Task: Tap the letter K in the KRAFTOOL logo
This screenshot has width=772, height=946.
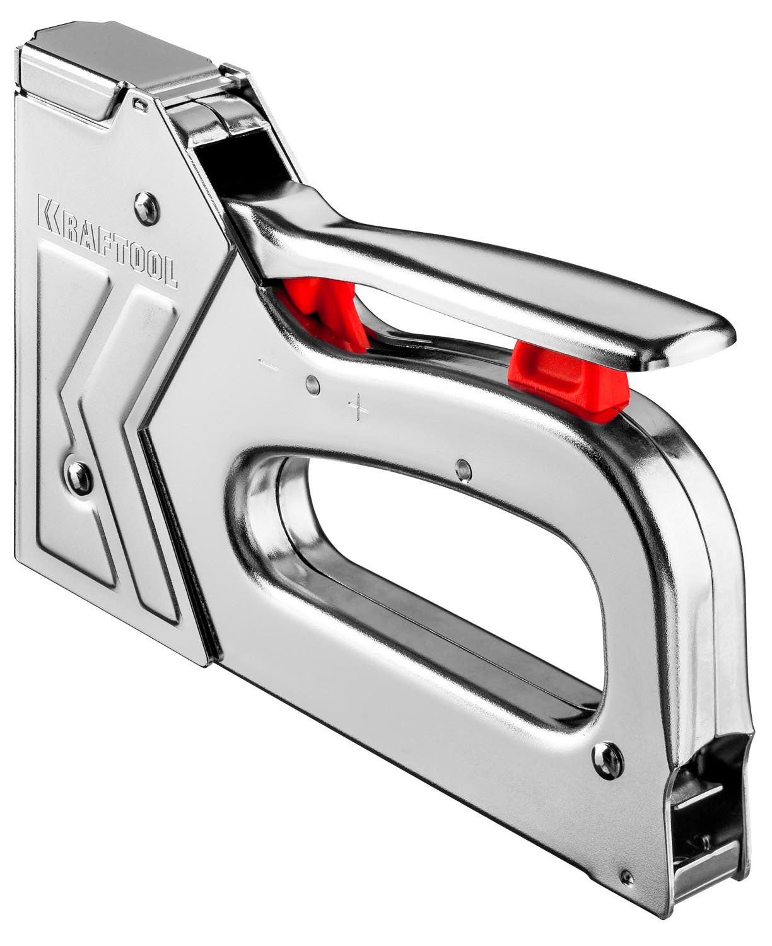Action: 49,214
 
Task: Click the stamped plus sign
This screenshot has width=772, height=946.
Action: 358,407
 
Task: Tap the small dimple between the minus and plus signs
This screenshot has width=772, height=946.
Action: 313,385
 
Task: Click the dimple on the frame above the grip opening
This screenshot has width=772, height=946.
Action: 464,470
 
